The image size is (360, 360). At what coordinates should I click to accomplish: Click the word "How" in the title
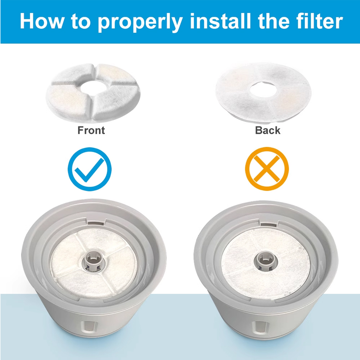[41, 21]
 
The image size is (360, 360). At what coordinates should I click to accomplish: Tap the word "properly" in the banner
[140, 22]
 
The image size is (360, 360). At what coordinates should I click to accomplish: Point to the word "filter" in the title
[319, 21]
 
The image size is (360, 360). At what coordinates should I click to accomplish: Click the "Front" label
[91, 130]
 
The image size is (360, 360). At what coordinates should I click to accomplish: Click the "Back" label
[267, 130]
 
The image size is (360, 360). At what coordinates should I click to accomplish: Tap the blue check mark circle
[89, 169]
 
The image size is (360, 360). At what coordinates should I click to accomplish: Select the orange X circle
[267, 169]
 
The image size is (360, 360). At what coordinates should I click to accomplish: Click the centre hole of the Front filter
[94, 87]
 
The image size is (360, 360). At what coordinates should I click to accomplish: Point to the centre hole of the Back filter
[263, 89]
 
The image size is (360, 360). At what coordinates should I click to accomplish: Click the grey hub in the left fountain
[94, 261]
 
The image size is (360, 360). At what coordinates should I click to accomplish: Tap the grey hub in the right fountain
[266, 261]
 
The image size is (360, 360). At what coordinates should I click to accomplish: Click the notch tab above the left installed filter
[97, 223]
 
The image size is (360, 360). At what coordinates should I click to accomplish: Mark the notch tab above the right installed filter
[269, 224]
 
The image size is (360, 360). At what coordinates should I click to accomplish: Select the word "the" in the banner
[273, 21]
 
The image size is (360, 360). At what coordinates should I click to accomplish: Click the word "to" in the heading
[80, 21]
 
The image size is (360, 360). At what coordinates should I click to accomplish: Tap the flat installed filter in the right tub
[266, 264]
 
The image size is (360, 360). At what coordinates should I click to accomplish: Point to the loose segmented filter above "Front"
[93, 93]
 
